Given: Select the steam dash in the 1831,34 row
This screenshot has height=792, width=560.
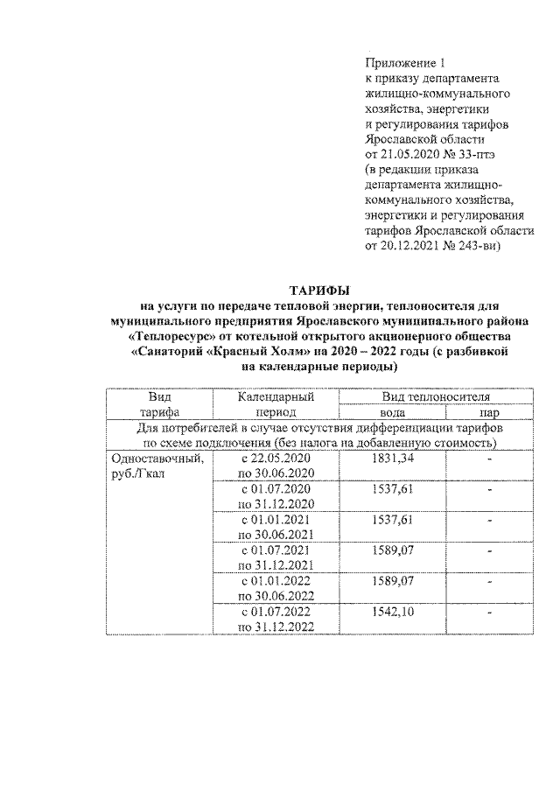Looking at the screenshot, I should pyautogui.click(x=490, y=459).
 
